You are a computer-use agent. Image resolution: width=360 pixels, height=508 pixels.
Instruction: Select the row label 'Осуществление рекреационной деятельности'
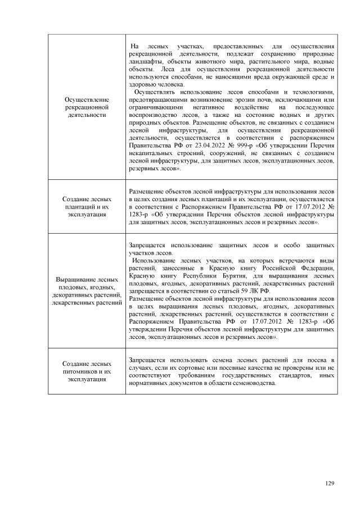pos(87,106)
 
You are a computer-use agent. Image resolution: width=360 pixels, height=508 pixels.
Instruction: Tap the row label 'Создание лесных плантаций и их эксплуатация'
pos(87,206)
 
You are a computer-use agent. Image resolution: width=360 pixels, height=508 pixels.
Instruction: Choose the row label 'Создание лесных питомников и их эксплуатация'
pos(87,372)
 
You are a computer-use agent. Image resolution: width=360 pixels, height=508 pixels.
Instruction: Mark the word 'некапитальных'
pos(154,152)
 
